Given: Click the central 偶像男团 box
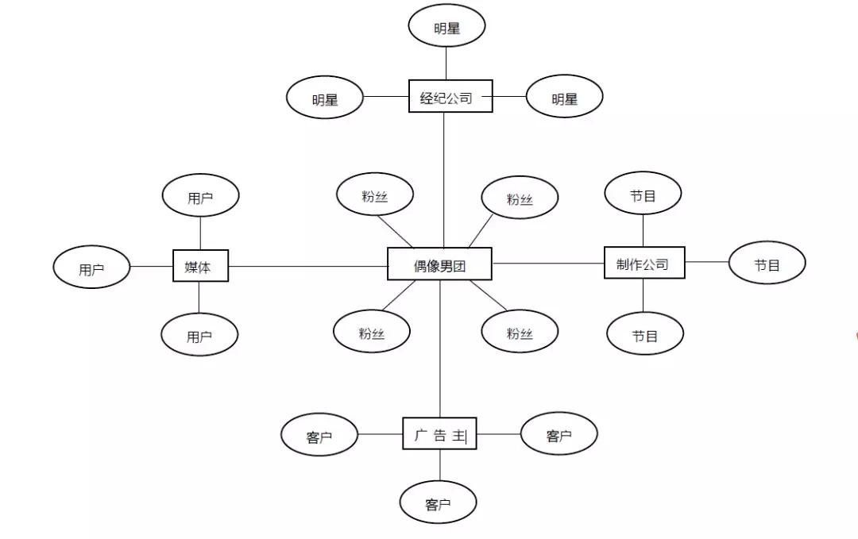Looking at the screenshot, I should (x=439, y=264).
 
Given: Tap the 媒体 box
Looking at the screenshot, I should (x=201, y=266).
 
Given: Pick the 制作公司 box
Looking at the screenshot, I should (x=643, y=263).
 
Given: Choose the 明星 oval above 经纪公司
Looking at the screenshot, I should (x=446, y=27).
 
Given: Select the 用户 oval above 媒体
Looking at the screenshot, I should (x=200, y=195).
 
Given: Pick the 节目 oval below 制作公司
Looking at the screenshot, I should (x=645, y=334).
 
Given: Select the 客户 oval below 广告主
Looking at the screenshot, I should (x=439, y=502).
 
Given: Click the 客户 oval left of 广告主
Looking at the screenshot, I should (x=319, y=434).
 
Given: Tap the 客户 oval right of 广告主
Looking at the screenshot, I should (x=558, y=433).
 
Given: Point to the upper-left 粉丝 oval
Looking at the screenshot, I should (x=375, y=194).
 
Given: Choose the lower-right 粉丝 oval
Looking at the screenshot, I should (x=520, y=332).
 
